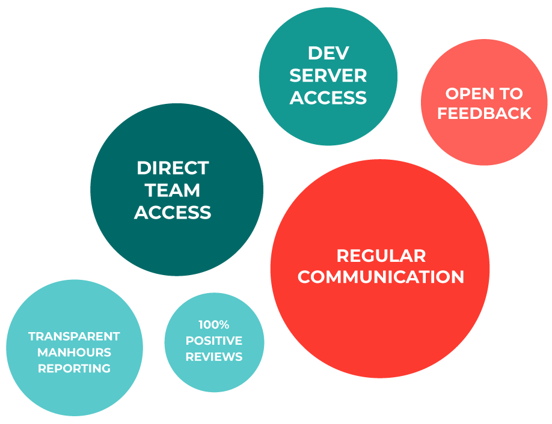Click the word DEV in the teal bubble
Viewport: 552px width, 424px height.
328,53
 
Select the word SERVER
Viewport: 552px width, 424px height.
328,75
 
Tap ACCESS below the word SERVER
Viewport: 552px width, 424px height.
328,97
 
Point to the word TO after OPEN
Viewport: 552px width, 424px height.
511,94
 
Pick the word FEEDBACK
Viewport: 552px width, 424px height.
484,114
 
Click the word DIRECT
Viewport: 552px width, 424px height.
173,168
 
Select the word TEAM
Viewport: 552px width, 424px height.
173,190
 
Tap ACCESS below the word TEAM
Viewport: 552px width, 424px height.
173,212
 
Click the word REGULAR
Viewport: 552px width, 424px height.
381,255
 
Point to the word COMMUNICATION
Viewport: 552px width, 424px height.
381,277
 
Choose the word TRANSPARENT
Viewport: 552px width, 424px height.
74,336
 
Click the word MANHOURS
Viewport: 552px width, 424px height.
74,352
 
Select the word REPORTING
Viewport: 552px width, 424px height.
74,368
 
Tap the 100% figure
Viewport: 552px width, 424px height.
214,325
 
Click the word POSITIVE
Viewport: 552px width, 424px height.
214,341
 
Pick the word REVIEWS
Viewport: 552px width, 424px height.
214,357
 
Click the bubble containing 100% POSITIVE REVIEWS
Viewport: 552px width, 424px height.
214,376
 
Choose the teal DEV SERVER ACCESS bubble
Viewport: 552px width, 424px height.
328,123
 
